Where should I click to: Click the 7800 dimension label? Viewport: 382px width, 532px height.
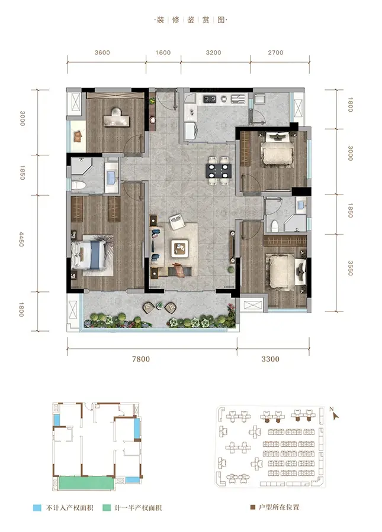(x=141, y=359)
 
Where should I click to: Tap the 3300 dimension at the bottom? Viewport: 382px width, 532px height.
(x=270, y=359)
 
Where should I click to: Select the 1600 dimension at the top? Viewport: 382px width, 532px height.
(x=163, y=53)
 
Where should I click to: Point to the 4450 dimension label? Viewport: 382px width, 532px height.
(x=21, y=239)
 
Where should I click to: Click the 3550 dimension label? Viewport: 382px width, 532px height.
(x=351, y=268)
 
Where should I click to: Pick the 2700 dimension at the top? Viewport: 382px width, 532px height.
(x=275, y=53)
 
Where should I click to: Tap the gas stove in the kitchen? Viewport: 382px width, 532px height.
(x=210, y=99)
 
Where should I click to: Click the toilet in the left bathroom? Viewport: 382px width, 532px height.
(x=76, y=186)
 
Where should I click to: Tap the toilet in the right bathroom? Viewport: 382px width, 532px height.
(x=275, y=226)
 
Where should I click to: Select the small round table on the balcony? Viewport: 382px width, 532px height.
(x=159, y=306)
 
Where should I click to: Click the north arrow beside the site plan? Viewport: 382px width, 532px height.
(x=335, y=416)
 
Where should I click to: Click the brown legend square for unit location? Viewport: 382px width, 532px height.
(x=253, y=507)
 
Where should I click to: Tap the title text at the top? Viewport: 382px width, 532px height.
(x=191, y=20)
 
